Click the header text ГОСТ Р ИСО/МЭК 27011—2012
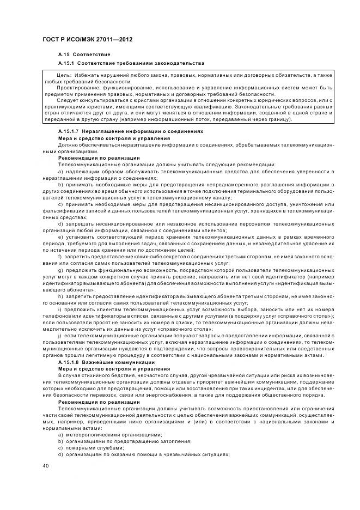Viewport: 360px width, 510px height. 87,40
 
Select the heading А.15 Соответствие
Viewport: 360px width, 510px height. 84,55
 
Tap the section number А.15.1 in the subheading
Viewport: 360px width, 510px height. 68,63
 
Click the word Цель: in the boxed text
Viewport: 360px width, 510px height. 65,74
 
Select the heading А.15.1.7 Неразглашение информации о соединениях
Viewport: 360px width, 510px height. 130,131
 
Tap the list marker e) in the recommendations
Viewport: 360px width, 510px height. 60,238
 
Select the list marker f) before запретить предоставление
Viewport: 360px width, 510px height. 60,257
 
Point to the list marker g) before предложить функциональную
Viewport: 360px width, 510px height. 60,270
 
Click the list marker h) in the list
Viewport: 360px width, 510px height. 60,295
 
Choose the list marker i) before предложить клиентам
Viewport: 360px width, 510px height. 59,308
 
